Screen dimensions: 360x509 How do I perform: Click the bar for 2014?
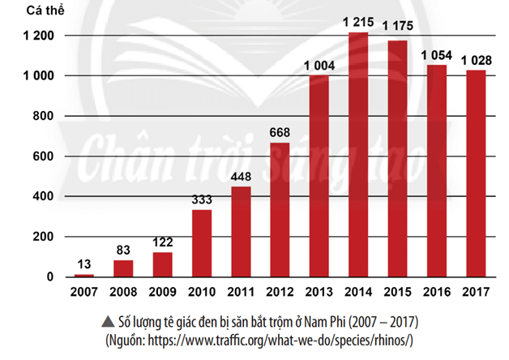357,155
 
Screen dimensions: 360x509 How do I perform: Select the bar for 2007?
84,276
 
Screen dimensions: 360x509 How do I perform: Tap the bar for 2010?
202,243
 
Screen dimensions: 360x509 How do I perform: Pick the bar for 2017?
475,174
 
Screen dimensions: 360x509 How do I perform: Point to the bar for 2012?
280,210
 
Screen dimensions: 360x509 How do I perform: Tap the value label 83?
124,252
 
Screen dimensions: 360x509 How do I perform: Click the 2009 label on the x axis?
163,292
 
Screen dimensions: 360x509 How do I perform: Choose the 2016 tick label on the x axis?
436,292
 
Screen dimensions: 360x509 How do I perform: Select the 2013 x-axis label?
319,292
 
